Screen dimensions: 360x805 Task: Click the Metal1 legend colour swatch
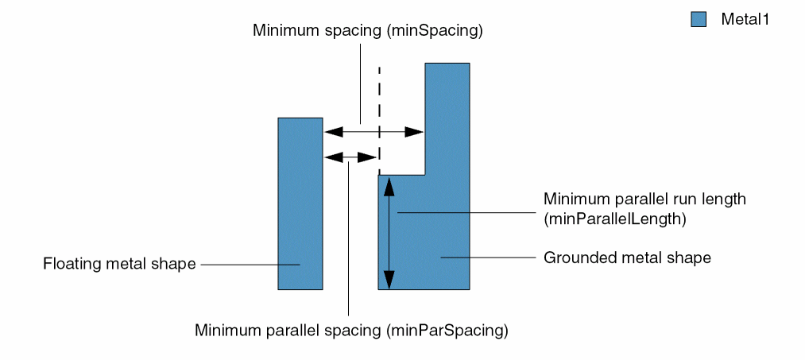click(699, 20)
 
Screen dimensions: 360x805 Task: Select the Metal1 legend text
click(745, 20)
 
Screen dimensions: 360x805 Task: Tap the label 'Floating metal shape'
click(119, 264)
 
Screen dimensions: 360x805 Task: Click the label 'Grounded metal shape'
click(627, 257)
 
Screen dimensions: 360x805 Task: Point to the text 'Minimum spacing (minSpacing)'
click(368, 30)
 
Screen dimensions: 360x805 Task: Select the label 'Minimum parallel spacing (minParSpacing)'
click(351, 329)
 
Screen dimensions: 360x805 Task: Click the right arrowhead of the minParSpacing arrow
click(367, 157)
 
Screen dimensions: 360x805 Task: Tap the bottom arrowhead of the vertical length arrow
click(389, 280)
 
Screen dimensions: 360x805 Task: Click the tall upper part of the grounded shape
click(448, 119)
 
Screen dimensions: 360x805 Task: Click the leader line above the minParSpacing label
click(349, 238)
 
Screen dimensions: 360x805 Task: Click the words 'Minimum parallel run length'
click(644, 199)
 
